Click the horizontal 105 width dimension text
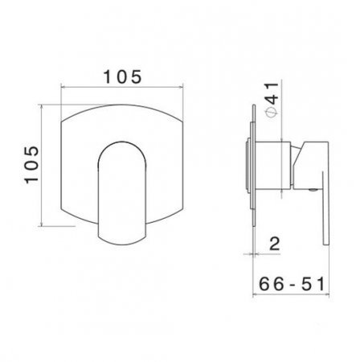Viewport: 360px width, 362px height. point(122,76)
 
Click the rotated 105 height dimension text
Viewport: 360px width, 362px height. point(32,165)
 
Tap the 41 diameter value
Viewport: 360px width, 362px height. point(273,94)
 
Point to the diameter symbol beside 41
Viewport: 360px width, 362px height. point(272,113)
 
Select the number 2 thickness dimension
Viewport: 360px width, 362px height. point(275,244)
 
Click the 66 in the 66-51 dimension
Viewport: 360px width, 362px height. point(271,284)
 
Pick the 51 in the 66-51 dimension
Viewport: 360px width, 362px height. point(313,284)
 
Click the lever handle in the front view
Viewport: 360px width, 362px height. point(122,193)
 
